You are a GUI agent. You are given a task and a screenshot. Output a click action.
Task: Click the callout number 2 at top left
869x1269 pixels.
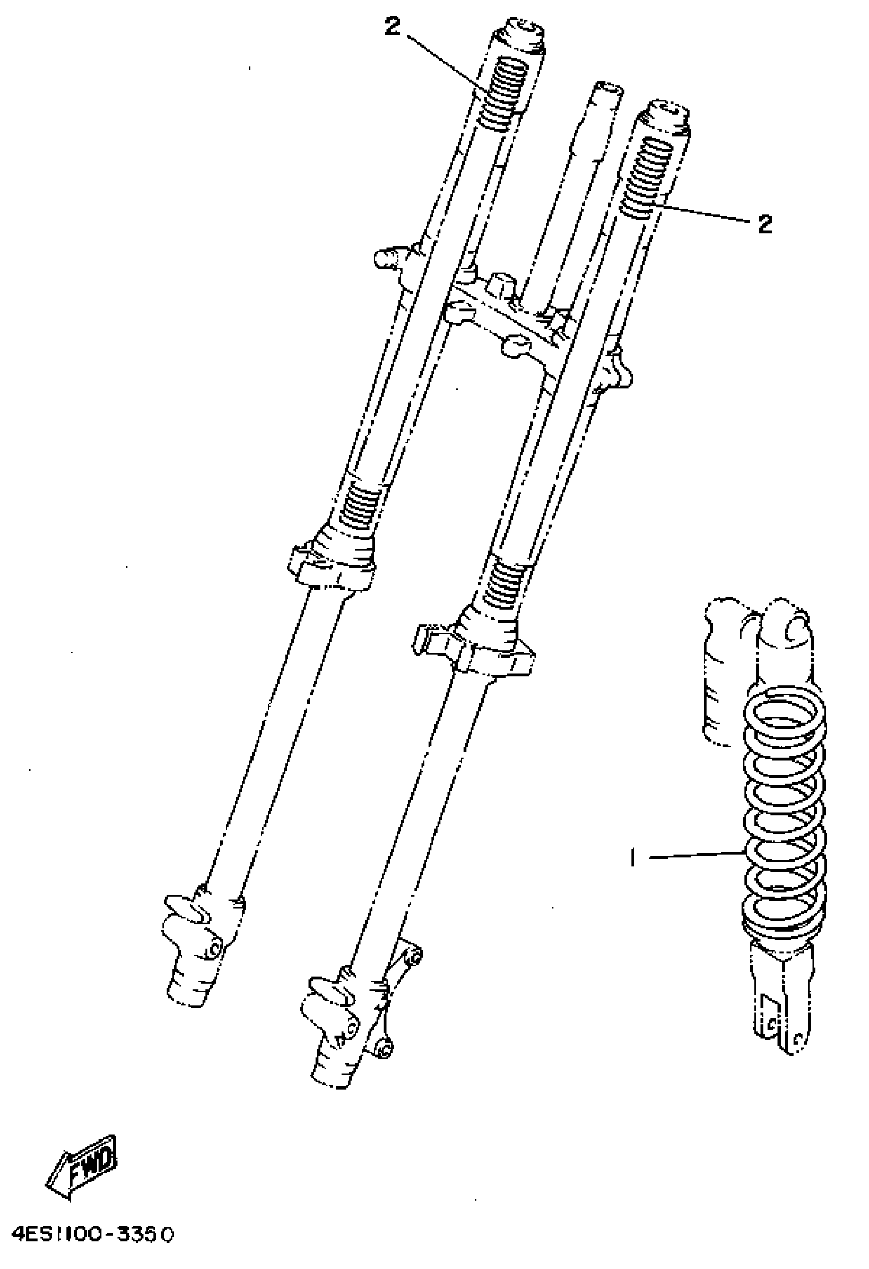392,26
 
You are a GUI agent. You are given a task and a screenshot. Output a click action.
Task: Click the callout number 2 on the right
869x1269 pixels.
765,223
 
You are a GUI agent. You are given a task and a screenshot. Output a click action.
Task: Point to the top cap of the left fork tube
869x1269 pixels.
519,35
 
